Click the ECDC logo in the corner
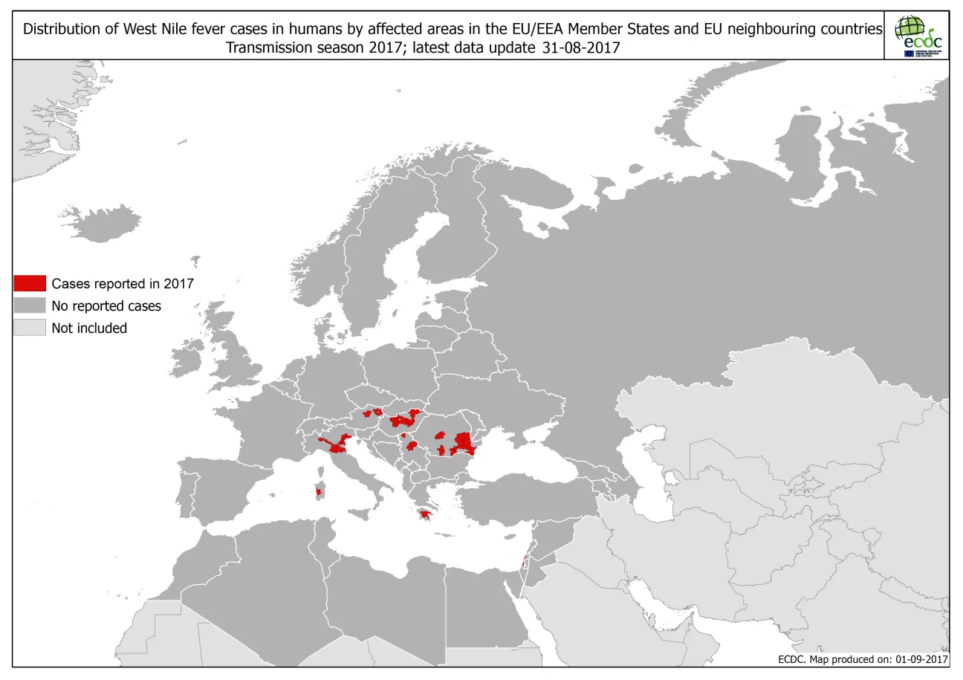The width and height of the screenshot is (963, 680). click(x=918, y=36)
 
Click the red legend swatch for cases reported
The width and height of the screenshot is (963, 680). click(x=30, y=283)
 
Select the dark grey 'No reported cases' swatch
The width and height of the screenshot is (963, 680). click(x=30, y=305)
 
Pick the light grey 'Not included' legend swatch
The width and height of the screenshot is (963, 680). click(x=30, y=328)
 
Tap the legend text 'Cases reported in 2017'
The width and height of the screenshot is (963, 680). click(x=122, y=283)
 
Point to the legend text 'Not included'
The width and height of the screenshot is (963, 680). click(x=89, y=328)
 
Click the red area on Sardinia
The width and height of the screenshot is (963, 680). click(x=320, y=490)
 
